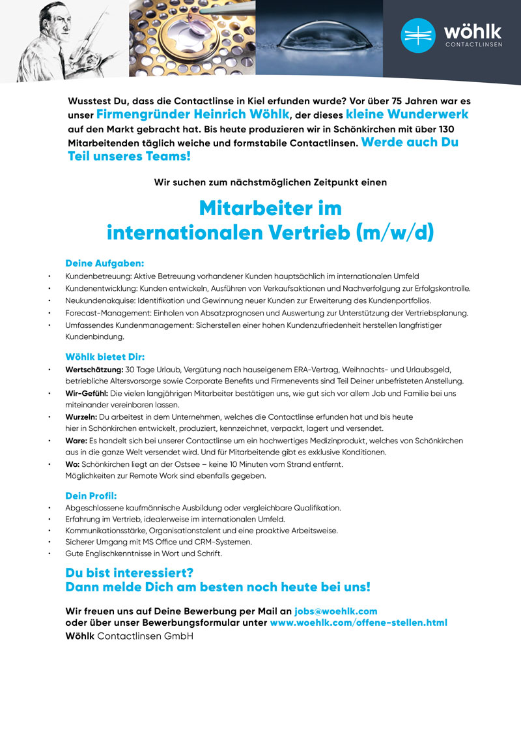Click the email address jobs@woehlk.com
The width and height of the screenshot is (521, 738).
click(336, 611)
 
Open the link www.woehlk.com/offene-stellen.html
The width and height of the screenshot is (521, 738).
click(358, 623)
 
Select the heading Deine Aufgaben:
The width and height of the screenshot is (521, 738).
click(104, 263)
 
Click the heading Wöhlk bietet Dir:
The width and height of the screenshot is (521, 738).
click(105, 357)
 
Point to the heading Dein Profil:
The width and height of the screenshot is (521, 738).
click(91, 495)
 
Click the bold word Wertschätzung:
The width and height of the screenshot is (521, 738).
click(94, 370)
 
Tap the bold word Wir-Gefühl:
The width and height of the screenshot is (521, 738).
click(87, 394)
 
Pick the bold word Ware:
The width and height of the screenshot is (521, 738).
click(76, 441)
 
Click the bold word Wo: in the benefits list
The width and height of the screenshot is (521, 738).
click(72, 464)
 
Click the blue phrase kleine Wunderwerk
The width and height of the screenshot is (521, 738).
click(407, 115)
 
